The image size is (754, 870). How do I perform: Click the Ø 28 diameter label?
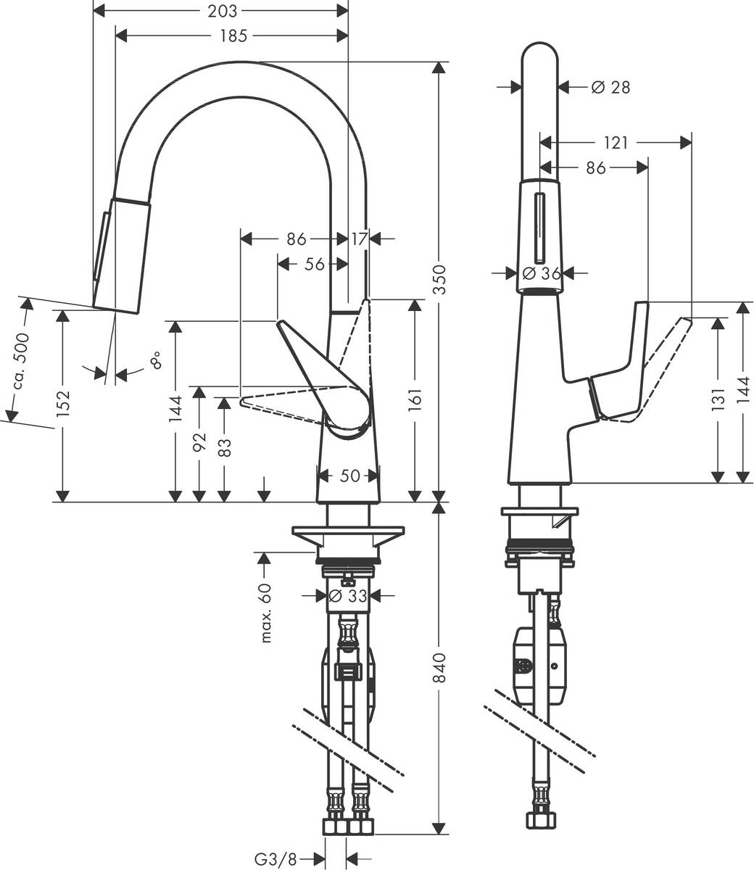pyautogui.click(x=610, y=87)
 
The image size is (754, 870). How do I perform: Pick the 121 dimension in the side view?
pyautogui.click(x=616, y=143)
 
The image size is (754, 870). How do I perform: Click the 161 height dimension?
pyautogui.click(x=415, y=398)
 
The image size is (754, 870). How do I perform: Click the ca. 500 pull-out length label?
pyautogui.click(x=21, y=360)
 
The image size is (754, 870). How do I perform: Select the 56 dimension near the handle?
pyautogui.click(x=314, y=265)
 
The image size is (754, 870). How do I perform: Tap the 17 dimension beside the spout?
pyautogui.click(x=360, y=238)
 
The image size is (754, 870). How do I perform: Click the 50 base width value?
pyautogui.click(x=349, y=476)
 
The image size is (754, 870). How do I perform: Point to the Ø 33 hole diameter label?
pyautogui.click(x=345, y=596)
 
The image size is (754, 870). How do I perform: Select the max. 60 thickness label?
pyautogui.click(x=265, y=613)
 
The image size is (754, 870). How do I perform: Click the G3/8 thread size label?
pyautogui.click(x=276, y=860)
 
